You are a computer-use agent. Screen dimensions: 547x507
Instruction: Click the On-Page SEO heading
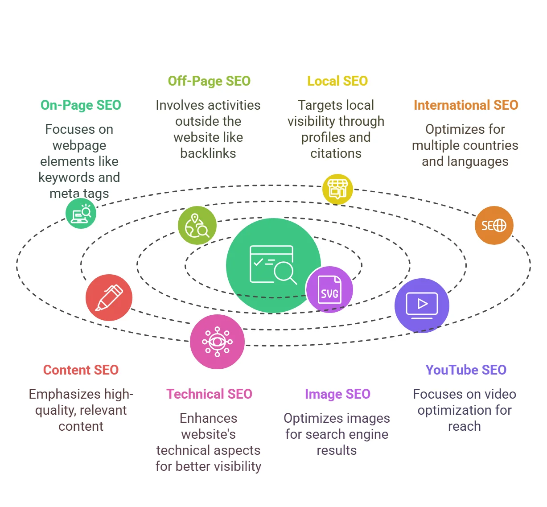point(81,105)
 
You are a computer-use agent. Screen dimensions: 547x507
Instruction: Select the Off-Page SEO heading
point(209,81)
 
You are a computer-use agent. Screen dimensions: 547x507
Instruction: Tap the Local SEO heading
point(337,81)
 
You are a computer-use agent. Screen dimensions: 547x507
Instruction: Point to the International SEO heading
point(466,105)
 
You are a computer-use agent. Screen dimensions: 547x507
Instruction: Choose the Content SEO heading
point(81,370)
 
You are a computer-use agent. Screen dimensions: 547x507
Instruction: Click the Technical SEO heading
point(209,394)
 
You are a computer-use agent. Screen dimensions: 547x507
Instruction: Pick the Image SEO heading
point(337,394)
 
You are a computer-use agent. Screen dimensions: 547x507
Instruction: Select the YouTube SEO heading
point(466,370)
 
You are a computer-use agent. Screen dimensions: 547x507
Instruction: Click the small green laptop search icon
point(81,214)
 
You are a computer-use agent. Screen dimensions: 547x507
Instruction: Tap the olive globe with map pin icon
point(197,225)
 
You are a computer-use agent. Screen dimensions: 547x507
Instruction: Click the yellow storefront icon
point(337,190)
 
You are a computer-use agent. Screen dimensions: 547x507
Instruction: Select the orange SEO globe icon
point(494,225)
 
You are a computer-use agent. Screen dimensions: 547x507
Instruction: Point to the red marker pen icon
point(109,297)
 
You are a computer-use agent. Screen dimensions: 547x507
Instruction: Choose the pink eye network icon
point(217,342)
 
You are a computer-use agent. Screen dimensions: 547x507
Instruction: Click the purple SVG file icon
point(329,289)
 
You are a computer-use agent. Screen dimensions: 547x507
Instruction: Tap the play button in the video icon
point(422,304)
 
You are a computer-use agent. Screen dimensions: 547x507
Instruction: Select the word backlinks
point(208,153)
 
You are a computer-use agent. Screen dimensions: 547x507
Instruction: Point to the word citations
point(336,153)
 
